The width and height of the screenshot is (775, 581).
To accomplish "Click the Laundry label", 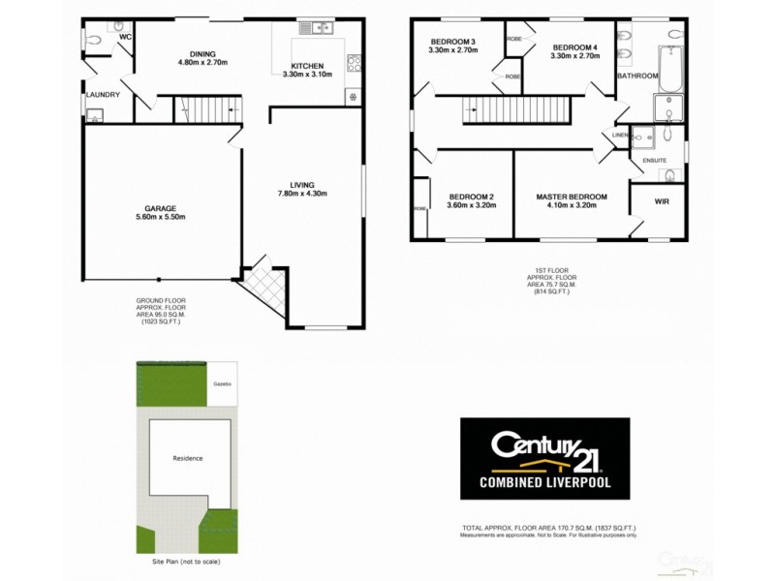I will click(x=103, y=94).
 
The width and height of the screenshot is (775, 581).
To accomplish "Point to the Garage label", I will click(x=160, y=208).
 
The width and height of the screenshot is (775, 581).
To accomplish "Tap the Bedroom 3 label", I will click(x=453, y=42).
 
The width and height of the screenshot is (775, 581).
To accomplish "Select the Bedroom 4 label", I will click(x=575, y=47).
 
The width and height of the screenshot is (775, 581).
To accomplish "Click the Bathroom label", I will click(x=638, y=76).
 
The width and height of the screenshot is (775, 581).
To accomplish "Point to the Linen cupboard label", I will click(x=621, y=135).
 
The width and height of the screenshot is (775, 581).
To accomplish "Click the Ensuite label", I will click(x=655, y=161).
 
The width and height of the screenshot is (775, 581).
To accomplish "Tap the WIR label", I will click(x=662, y=201).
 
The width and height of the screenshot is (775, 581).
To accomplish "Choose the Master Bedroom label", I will click(x=572, y=197).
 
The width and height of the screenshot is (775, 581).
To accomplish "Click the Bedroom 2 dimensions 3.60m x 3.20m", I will click(x=471, y=205).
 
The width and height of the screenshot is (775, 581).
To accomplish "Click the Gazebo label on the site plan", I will click(x=222, y=384).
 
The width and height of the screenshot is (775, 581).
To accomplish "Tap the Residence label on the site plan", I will click(x=188, y=458).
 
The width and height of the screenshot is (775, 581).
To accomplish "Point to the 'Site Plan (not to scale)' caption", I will click(x=188, y=562).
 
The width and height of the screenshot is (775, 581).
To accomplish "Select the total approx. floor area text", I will click(x=549, y=528).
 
